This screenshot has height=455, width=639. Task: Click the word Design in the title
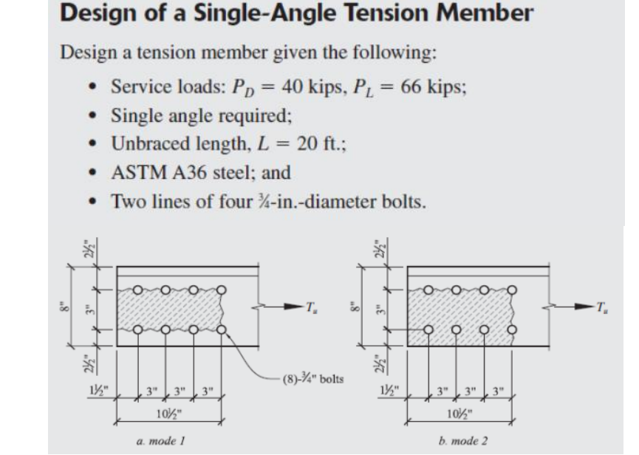tap(100, 15)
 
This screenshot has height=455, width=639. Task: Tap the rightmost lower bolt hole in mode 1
tap(222, 329)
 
